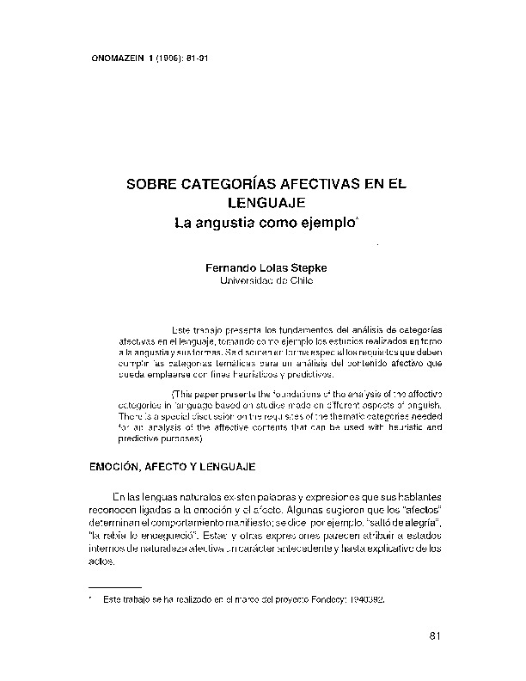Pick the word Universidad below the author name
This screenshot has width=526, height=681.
pyautogui.click(x=248, y=281)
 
